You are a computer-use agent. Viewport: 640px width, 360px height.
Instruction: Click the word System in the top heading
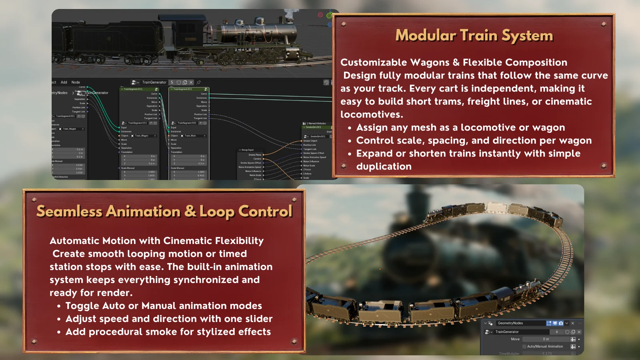point(527,36)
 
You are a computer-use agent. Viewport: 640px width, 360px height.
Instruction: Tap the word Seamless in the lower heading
point(69,211)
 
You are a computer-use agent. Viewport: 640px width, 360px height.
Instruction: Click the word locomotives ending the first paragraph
point(371,114)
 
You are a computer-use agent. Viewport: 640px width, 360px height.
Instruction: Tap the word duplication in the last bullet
point(384,166)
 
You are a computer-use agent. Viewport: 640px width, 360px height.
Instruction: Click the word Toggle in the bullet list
point(82,306)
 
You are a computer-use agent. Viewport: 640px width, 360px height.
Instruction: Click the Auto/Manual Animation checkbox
point(524,346)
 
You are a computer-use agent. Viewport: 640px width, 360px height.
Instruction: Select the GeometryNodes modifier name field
point(520,323)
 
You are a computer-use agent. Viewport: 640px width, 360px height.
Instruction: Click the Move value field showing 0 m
point(546,339)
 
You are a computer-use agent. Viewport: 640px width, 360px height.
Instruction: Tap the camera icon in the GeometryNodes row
point(561,323)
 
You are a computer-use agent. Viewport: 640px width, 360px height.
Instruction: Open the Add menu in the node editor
point(64,82)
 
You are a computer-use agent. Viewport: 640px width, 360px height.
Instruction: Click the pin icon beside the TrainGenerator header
point(199,82)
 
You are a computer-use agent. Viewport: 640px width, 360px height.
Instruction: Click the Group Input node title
point(248,150)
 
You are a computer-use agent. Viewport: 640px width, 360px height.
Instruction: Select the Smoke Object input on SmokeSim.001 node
point(310,141)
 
